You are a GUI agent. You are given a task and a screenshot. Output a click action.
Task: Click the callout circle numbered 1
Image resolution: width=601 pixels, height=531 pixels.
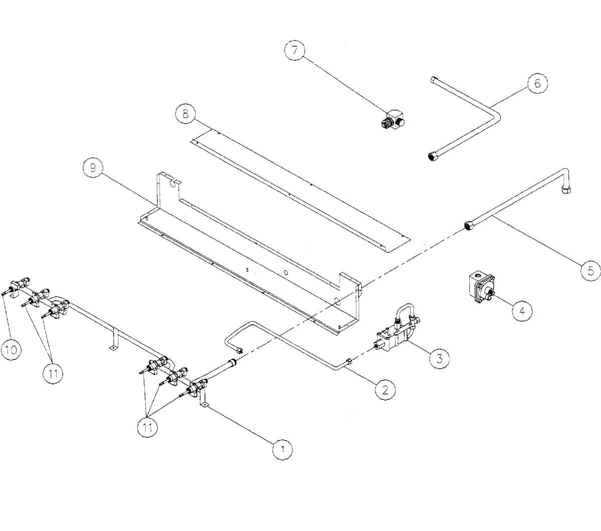tap(282, 449)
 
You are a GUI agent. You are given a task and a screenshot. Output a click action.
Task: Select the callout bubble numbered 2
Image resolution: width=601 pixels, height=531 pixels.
tap(385, 389)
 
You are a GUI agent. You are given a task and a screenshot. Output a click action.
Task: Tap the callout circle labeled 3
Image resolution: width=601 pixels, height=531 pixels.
tap(439, 358)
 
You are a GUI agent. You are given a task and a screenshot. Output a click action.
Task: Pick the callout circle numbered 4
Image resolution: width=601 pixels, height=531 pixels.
tap(522, 311)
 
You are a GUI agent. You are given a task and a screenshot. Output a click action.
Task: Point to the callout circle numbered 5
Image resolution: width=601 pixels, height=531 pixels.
tap(591, 270)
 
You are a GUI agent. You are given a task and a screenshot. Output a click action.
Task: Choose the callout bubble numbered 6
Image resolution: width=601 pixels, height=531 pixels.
tap(538, 83)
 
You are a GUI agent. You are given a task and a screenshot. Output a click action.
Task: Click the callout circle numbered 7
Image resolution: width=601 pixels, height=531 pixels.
tap(294, 50)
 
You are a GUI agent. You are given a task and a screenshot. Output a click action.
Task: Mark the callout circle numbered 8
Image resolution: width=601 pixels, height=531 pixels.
tap(186, 114)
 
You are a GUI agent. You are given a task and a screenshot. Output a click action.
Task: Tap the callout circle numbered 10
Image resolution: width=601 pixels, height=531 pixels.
tap(11, 349)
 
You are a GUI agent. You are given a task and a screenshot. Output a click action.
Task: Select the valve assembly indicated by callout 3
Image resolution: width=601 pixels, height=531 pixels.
tap(398, 333)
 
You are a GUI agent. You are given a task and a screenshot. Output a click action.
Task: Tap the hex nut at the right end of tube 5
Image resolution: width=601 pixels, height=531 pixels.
tap(567, 189)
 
